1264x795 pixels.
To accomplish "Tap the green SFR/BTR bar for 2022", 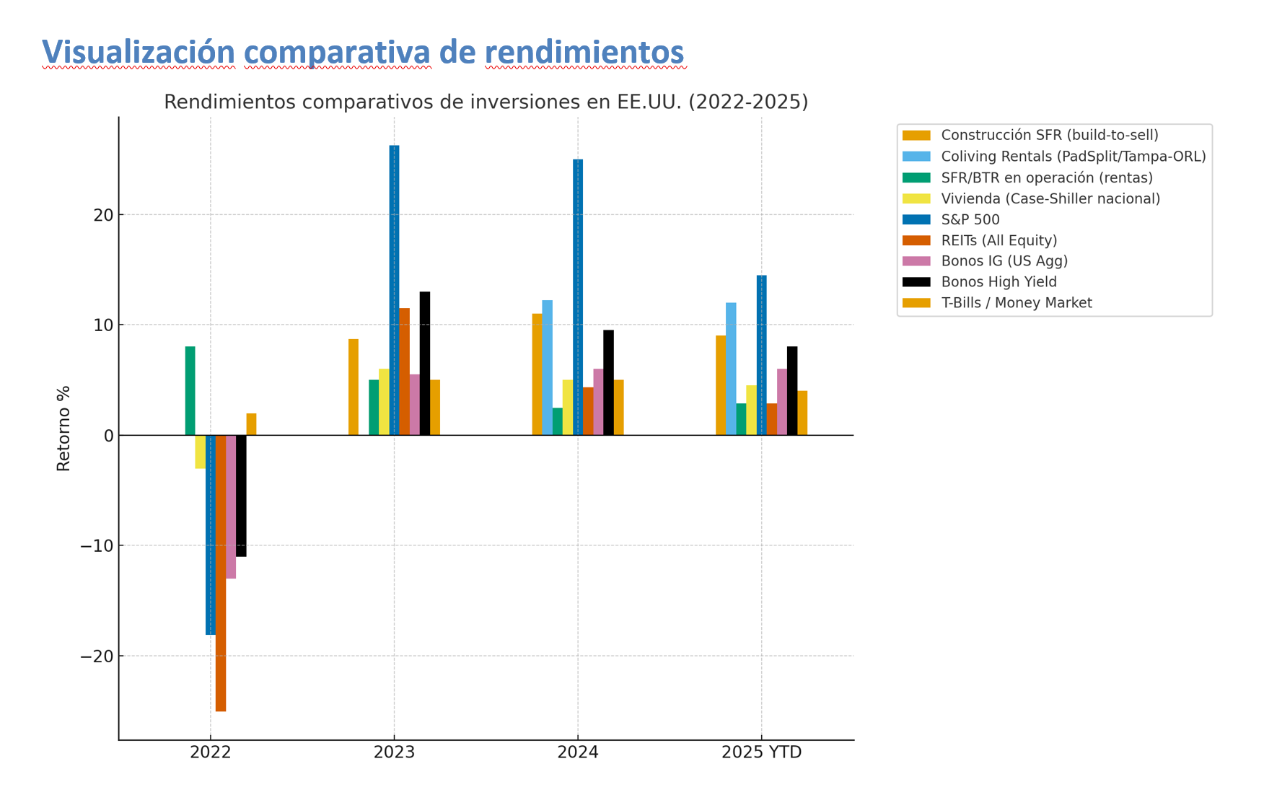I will point(190,390).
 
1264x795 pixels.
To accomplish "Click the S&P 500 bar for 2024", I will point(578,297).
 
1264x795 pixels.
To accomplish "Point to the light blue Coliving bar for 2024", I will point(548,367).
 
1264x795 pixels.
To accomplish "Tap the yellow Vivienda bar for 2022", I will point(200,452).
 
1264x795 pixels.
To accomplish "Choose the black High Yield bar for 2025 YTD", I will point(792,390).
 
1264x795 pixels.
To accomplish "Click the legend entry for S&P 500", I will point(970,220).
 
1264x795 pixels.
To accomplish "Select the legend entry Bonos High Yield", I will point(999,282).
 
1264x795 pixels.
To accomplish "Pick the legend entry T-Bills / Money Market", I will point(1016,303).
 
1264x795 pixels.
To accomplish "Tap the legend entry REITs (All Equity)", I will point(999,241).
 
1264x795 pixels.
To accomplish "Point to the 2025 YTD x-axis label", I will point(761,752).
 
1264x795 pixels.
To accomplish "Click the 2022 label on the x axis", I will point(211,752).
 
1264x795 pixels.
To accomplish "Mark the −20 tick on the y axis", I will point(97,656).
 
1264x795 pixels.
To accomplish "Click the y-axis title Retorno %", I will point(63,429).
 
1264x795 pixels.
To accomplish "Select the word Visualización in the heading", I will point(139,52).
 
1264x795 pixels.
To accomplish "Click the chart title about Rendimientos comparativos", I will point(486,102).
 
